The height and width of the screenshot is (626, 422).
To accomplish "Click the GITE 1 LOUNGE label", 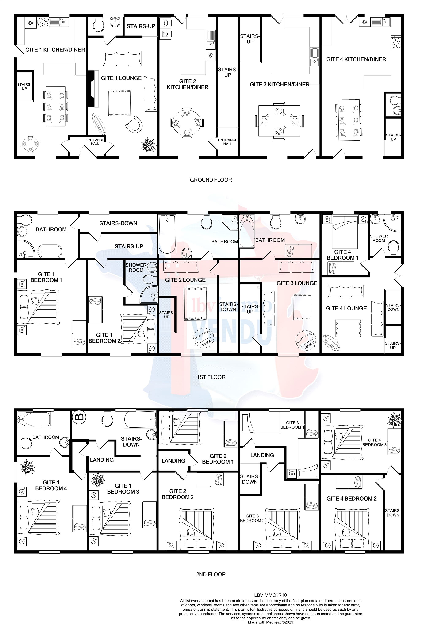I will point(121,78).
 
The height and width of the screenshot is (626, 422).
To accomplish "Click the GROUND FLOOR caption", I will point(211,180).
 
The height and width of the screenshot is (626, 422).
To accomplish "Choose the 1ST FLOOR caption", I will point(211,377).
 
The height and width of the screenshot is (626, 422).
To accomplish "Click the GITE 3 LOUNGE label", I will point(297,283).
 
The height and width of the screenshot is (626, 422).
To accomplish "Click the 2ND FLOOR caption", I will point(211,574).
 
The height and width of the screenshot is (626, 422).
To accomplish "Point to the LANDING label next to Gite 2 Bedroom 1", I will point(173,461).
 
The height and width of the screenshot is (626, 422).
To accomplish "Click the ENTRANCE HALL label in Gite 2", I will point(227,142).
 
